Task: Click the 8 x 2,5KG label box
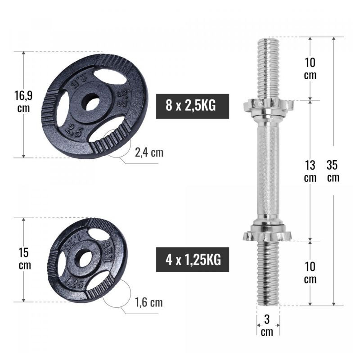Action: pos(193,106)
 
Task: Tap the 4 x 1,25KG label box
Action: pos(193,260)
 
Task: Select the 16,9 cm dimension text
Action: pos(24,102)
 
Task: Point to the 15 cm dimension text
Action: pos(24,259)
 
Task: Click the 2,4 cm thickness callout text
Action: pos(149,153)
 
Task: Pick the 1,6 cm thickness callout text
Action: pos(149,302)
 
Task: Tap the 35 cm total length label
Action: pos(333,171)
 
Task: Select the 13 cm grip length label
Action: pos(310,171)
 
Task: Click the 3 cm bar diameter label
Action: pos(267,325)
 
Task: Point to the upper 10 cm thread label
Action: pos(310,69)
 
